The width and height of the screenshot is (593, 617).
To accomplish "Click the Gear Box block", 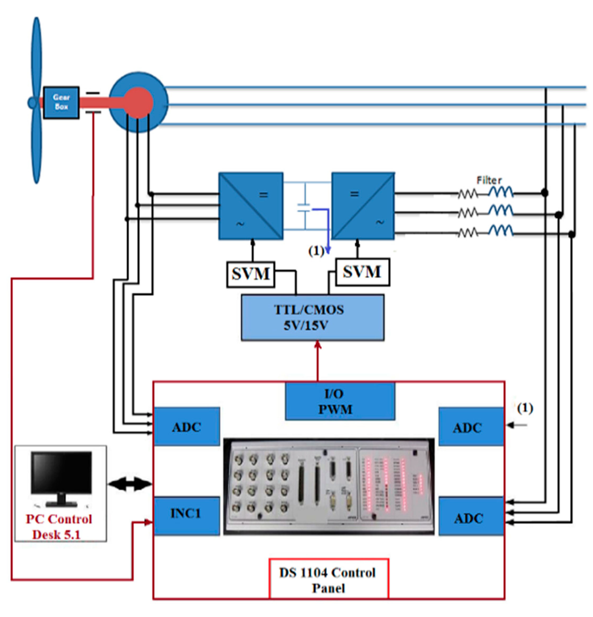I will (61, 103).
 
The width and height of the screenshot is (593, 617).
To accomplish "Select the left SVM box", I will (250, 274).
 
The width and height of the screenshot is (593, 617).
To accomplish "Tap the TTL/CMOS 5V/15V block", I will (312, 317).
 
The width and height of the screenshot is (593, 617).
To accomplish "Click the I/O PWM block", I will (340, 401).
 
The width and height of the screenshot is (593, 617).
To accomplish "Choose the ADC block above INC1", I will (186, 426).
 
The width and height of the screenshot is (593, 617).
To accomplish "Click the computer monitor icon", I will (62, 478).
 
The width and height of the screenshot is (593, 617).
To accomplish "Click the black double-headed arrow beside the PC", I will (129, 484).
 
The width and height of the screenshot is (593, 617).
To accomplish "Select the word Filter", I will (488, 181).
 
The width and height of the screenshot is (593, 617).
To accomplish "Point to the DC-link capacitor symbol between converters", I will (304, 208).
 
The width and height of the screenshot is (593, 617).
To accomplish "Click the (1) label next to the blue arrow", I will (316, 251).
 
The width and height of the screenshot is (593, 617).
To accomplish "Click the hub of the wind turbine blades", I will (32, 103).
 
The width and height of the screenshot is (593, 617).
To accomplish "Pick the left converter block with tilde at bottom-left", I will (251, 206).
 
